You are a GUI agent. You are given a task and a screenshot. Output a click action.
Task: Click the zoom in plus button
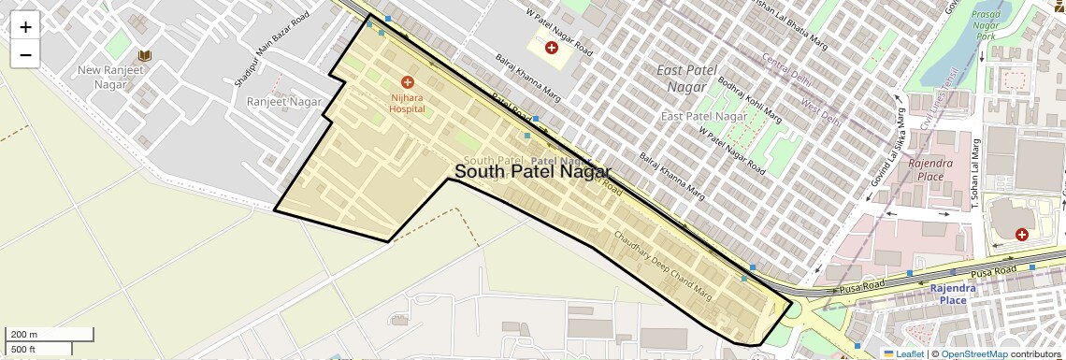point(25,27)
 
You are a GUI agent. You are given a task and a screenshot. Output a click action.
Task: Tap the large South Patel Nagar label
point(532,172)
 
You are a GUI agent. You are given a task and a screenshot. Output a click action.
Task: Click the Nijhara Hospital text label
point(407,103)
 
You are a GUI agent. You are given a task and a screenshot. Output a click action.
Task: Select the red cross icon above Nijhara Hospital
point(407,82)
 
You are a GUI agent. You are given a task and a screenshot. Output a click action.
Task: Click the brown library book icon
point(145,56)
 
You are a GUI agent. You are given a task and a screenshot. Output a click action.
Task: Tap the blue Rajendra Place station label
point(952,294)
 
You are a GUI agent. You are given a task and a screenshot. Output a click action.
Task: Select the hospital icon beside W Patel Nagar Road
point(552,47)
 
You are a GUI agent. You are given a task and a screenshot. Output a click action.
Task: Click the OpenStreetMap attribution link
point(973,353)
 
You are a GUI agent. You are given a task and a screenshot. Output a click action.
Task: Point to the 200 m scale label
point(23,334)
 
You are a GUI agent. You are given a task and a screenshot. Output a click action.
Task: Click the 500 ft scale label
point(23,350)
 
